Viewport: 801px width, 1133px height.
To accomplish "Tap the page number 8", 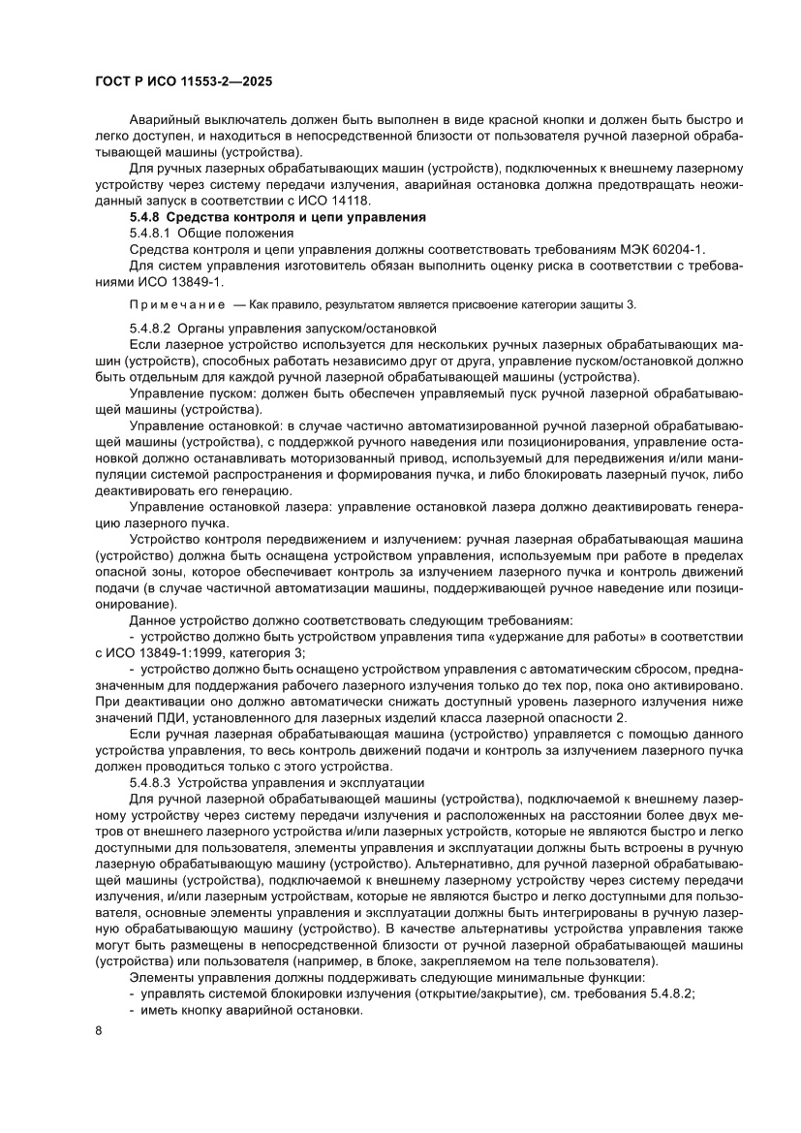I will [x=99, y=1057].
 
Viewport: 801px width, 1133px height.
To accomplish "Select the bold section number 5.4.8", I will [x=147, y=217].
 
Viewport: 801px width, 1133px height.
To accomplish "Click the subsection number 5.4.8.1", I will [x=153, y=234].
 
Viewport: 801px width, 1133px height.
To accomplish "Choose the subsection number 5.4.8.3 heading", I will [x=153, y=781].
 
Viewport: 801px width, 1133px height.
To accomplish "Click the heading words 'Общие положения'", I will [x=233, y=234].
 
